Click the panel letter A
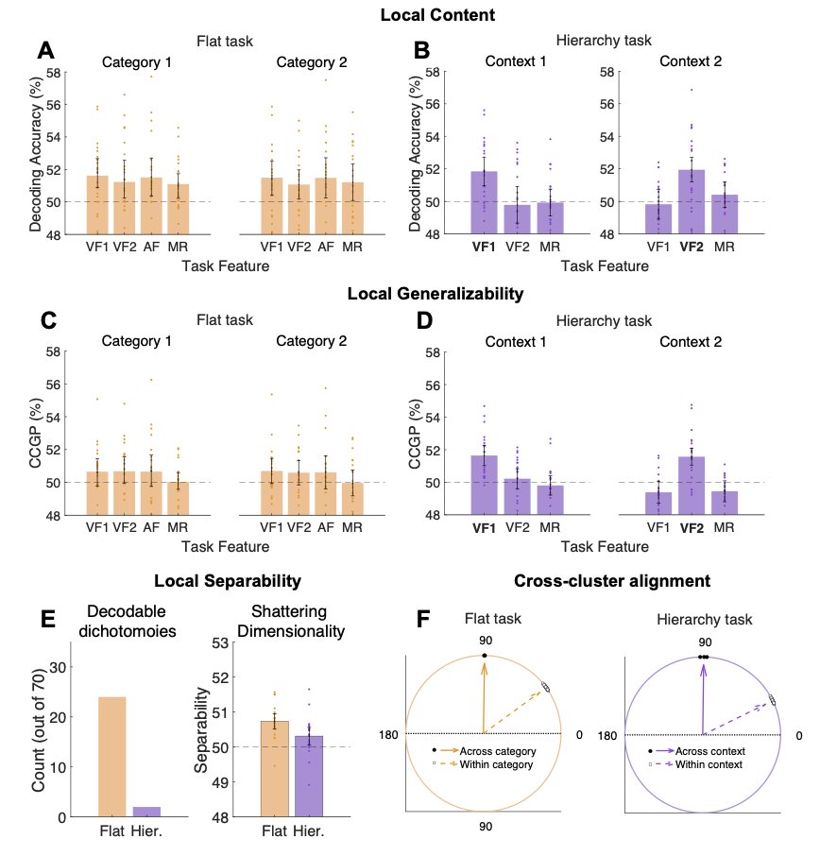pos(44,52)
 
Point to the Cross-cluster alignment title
pos(612,582)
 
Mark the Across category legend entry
pos(496,751)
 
